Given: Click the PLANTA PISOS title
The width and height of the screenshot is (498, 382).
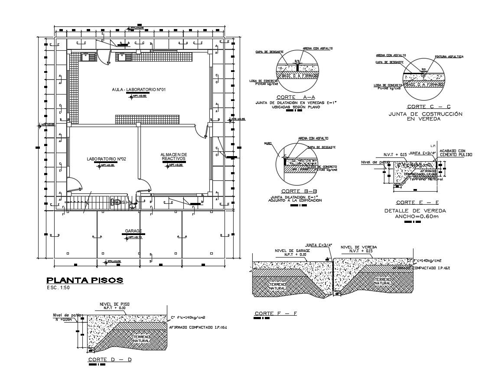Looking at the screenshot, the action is click(x=85, y=280).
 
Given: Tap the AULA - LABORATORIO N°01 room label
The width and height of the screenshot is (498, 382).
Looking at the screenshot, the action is click(x=139, y=89).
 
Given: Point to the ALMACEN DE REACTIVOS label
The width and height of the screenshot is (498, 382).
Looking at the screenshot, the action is click(x=173, y=156).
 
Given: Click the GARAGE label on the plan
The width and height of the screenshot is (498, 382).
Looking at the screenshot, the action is click(x=133, y=231).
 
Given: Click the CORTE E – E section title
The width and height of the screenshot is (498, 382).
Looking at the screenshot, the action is click(x=412, y=202).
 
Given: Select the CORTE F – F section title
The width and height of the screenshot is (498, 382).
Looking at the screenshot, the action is click(x=275, y=313).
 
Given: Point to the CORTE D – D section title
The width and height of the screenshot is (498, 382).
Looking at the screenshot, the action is click(x=110, y=359).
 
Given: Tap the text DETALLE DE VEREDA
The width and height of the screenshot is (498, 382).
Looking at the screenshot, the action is click(x=415, y=211).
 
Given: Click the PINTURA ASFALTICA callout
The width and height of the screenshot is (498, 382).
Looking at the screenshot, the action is click(x=449, y=57).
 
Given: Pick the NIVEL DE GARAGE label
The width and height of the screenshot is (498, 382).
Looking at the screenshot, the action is click(x=290, y=251).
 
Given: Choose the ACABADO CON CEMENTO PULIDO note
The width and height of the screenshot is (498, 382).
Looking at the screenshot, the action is click(x=456, y=153).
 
